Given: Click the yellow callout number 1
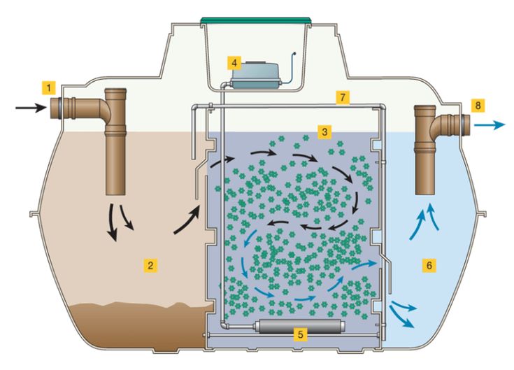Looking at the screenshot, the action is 49,88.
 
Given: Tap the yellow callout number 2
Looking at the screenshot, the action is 150,265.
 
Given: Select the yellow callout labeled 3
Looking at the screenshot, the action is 324,131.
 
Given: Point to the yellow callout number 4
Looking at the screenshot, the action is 234,62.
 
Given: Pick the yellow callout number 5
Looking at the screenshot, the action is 300,334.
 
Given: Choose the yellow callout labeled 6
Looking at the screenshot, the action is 429,265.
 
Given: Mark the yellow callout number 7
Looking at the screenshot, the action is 343,97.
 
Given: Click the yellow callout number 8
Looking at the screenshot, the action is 478,105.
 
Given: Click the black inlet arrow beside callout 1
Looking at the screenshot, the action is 31,107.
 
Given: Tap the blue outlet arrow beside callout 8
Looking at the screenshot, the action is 490,125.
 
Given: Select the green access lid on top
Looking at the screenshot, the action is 256,20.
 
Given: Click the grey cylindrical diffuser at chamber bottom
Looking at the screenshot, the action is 300,327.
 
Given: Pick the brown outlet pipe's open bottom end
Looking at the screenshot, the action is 425,193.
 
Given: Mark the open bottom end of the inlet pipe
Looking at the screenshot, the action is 115,193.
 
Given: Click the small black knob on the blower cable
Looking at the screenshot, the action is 294,52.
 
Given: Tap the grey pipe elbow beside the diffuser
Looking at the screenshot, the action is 224,325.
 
